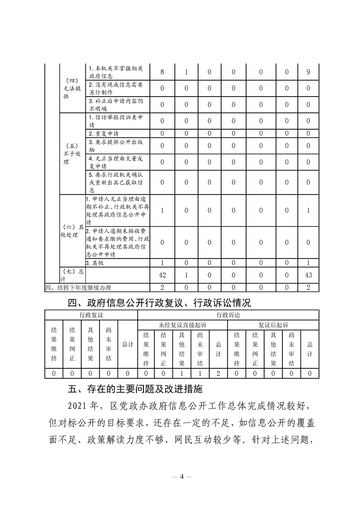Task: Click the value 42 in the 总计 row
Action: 162,275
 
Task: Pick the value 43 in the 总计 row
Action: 308,275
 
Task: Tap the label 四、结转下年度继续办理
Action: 78,287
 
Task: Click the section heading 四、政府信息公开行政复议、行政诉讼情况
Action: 159,302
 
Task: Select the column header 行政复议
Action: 91,314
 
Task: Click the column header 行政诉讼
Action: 227,314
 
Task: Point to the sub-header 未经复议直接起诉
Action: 182,325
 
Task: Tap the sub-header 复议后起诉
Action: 273,325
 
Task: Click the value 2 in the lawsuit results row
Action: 218,373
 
